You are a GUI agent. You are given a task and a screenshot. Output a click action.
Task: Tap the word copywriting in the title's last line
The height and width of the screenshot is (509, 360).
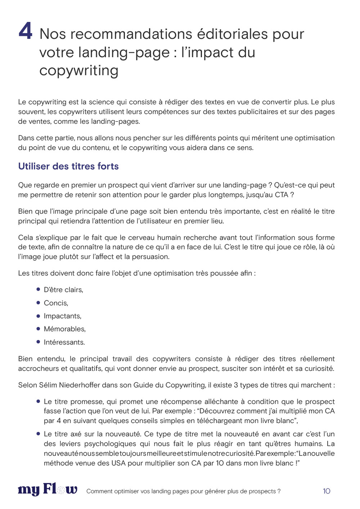tap(79, 70)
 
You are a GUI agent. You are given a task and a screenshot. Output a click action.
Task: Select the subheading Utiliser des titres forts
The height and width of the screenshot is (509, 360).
tap(68, 166)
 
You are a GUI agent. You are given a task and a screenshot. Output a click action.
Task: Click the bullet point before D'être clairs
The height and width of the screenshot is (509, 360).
tap(38, 289)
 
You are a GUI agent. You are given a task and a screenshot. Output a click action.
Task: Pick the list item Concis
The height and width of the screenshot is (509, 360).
tap(56, 303)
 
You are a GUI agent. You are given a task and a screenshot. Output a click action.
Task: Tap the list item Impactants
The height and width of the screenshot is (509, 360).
tap(62, 316)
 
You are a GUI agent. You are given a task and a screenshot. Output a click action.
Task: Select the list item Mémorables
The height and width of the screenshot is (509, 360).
tap(64, 329)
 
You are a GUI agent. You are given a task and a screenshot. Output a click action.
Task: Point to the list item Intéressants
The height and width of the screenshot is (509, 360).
tap(64, 342)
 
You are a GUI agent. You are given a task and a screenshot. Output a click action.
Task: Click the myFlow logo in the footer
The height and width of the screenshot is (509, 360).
tap(48, 490)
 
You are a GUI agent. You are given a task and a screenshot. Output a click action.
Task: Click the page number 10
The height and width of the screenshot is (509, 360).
tap(326, 491)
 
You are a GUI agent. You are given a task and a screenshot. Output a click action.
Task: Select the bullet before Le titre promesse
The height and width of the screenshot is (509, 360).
tap(38, 401)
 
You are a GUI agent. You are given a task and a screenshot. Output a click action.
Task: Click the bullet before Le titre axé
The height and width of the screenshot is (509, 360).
tap(38, 433)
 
